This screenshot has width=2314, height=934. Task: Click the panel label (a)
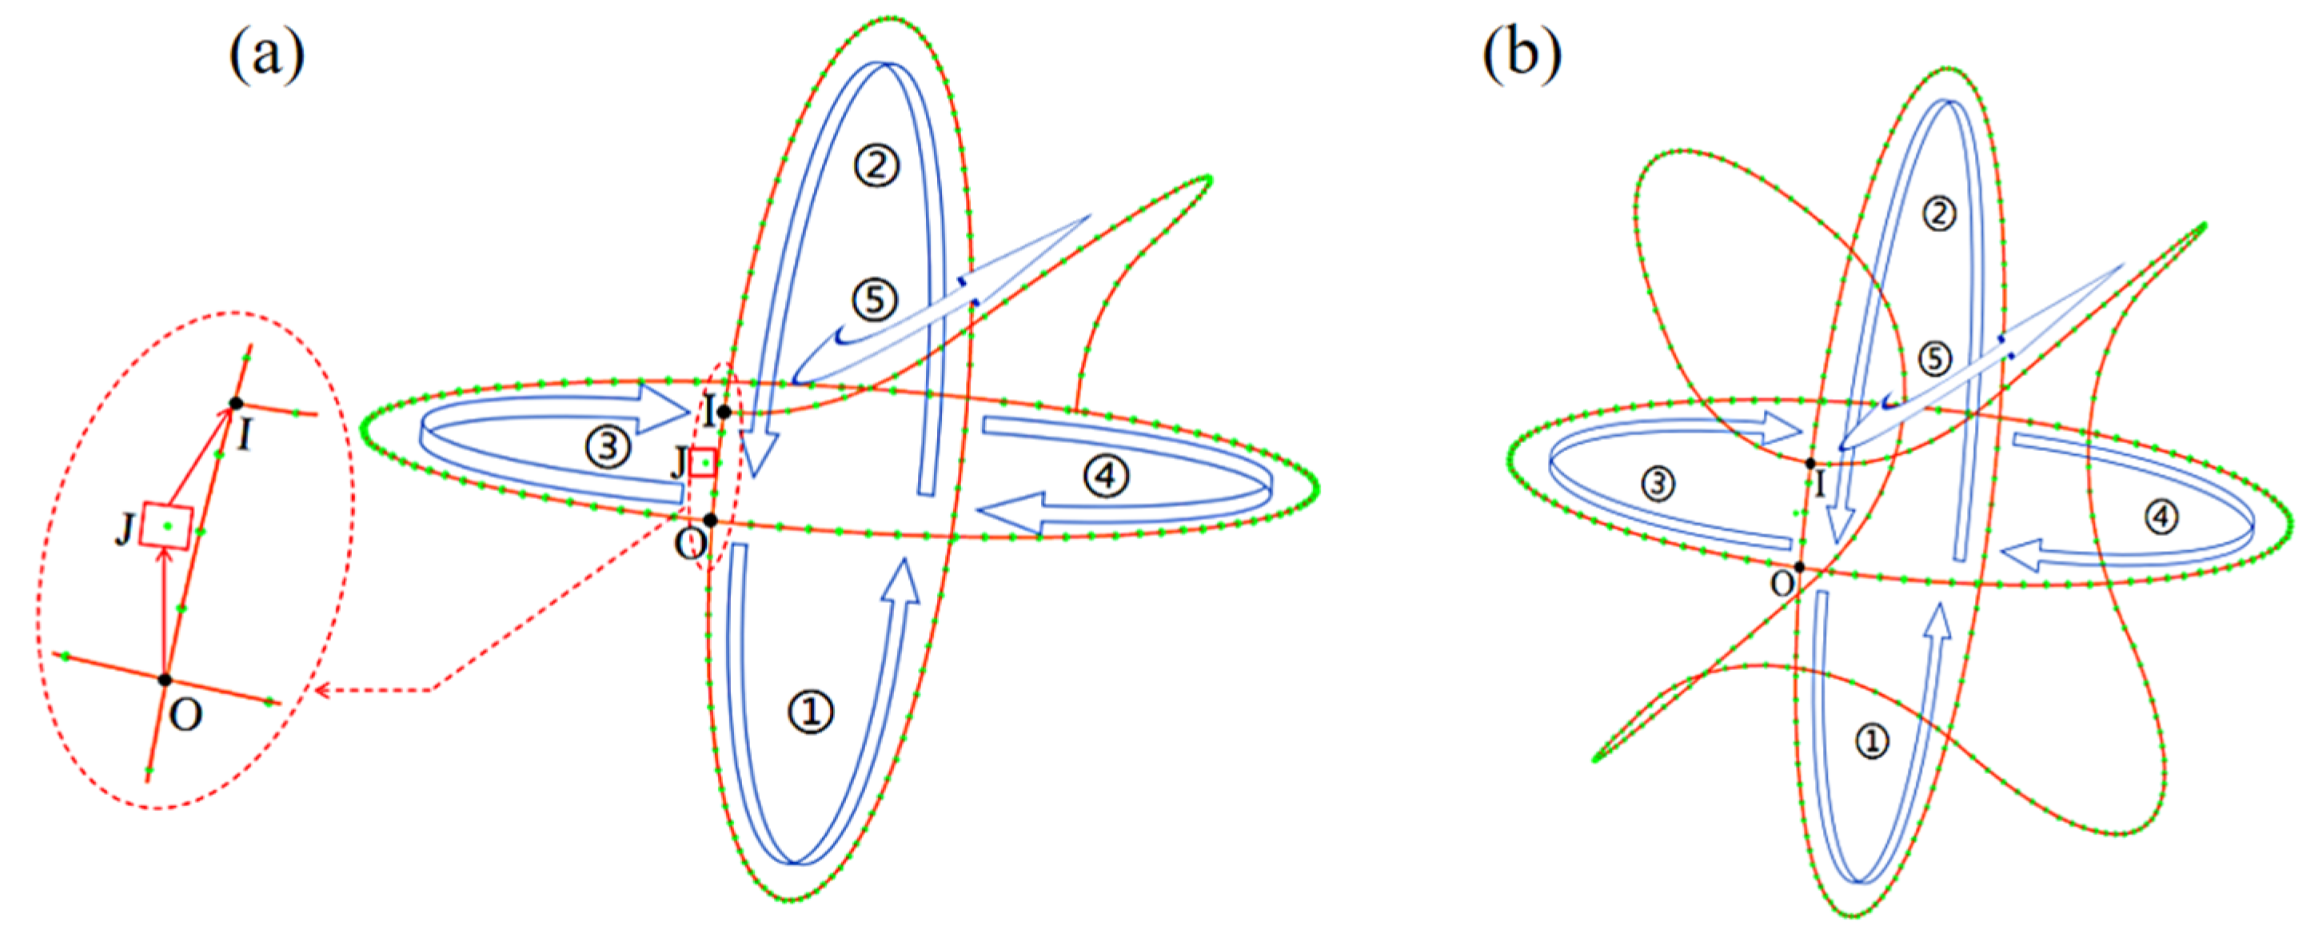tap(267, 55)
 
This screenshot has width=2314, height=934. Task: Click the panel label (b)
tap(1522, 55)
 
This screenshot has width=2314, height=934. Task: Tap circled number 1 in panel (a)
tap(810, 712)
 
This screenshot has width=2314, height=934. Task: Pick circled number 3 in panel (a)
tap(608, 446)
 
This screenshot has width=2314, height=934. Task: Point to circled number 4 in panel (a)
tap(1105, 475)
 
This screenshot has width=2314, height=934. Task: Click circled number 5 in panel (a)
tap(875, 299)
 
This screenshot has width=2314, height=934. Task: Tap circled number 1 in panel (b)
tap(1872, 741)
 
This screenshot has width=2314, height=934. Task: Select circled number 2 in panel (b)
tap(1938, 214)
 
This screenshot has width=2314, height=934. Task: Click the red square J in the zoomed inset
tap(167, 526)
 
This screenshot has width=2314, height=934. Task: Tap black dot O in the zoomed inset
tap(166, 680)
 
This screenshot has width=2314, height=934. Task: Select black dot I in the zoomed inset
tap(235, 403)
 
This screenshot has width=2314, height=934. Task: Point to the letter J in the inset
tap(125, 531)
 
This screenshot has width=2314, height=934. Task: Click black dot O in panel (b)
tap(1799, 567)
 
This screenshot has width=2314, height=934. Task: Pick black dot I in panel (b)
tap(1810, 464)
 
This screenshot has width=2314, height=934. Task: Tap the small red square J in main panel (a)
tap(704, 461)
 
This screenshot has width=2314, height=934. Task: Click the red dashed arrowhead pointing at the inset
tap(323, 691)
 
